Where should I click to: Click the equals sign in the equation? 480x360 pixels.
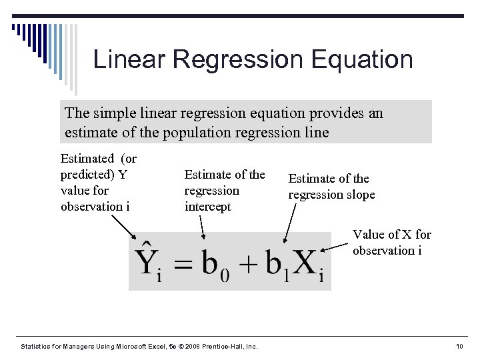click(181, 264)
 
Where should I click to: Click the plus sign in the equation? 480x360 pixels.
click(247, 264)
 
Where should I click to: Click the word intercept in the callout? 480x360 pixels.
click(207, 207)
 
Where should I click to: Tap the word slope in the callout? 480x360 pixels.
click(361, 195)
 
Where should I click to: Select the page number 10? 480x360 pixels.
click(459, 347)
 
